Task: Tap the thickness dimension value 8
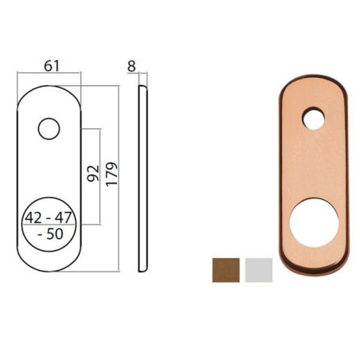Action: point(131,66)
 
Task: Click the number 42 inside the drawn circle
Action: point(35,217)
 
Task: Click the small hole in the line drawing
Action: point(49,127)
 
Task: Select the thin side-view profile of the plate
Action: point(143,175)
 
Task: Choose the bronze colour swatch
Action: point(225,268)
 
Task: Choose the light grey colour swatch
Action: point(259,268)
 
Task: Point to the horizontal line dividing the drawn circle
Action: point(49,227)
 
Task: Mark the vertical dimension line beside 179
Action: point(119,174)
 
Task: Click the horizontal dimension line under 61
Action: point(49,75)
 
